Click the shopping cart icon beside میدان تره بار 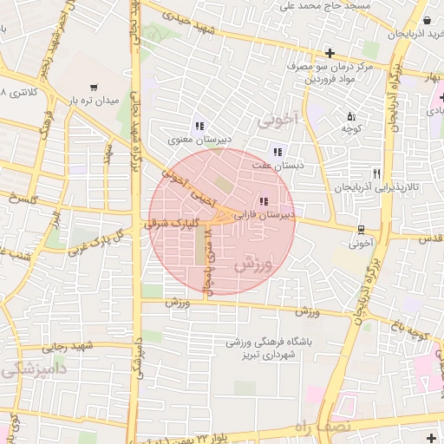(x=94, y=87)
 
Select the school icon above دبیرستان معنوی (x=199, y=126)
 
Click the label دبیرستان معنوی (x=199, y=140)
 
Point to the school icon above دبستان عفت (x=277, y=152)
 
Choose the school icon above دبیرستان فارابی (x=263, y=201)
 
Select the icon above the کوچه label (x=351, y=116)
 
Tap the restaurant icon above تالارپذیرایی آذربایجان (x=376, y=173)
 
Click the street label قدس (x=431, y=238)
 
